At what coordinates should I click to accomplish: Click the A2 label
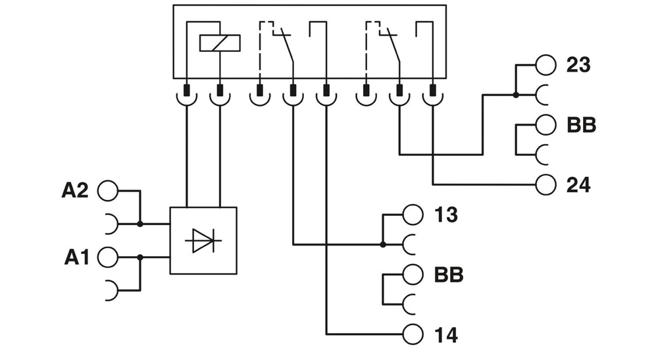pyautogui.click(x=76, y=191)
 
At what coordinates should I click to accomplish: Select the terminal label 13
pyautogui.click(x=445, y=215)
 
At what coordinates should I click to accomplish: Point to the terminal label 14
pyautogui.click(x=445, y=334)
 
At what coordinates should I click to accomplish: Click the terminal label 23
pyautogui.click(x=578, y=65)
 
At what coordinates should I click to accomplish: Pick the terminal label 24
pyautogui.click(x=578, y=185)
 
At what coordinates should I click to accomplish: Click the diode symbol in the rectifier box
pyautogui.click(x=203, y=241)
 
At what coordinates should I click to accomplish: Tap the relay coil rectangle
pyautogui.click(x=219, y=43)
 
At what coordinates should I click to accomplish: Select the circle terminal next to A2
pyautogui.click(x=107, y=191)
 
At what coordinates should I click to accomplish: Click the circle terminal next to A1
pyautogui.click(x=107, y=258)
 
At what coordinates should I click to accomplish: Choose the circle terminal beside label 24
pyautogui.click(x=545, y=185)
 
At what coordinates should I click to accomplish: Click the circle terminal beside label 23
pyautogui.click(x=545, y=65)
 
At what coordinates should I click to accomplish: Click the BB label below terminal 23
pyautogui.click(x=581, y=125)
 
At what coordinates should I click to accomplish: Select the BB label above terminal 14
pyautogui.click(x=448, y=274)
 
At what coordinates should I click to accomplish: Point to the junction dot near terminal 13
pyautogui.click(x=383, y=245)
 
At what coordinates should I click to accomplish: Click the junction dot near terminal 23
pyautogui.click(x=516, y=95)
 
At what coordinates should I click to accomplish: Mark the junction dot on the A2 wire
pyautogui.click(x=140, y=224)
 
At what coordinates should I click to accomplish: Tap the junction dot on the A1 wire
pyautogui.click(x=140, y=258)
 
